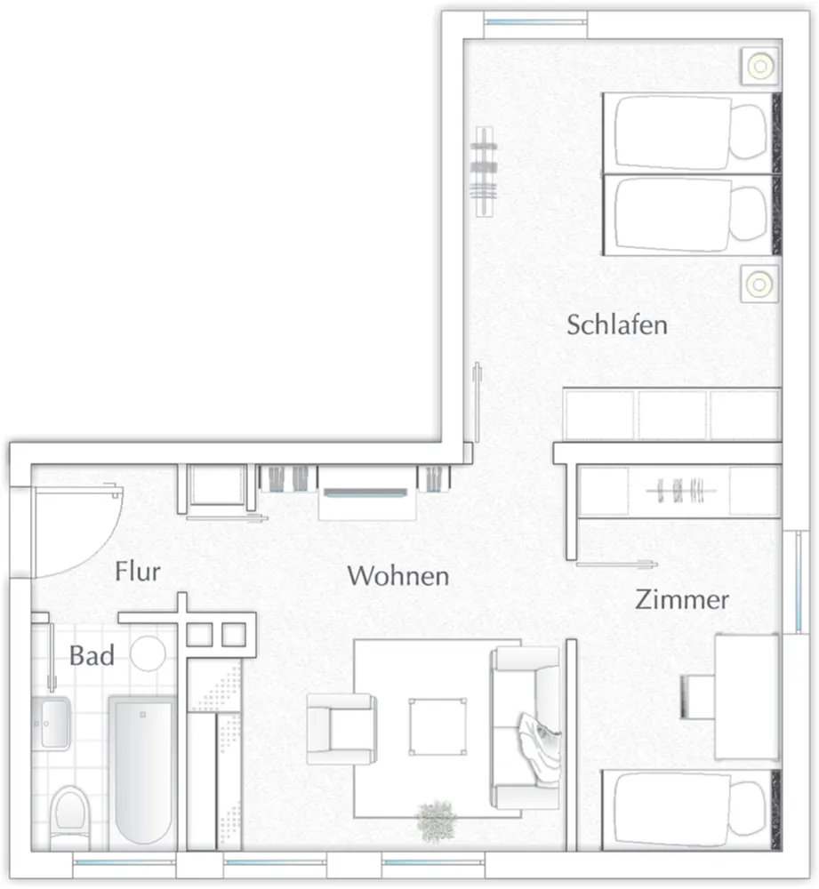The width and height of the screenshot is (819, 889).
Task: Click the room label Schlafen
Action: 617,324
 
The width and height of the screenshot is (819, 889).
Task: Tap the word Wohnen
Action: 398,576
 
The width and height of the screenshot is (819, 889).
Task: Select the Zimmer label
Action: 682,600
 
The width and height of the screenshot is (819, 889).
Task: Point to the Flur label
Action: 138,571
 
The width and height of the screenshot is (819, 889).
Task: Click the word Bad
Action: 92,655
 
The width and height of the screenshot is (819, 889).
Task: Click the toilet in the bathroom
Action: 69,816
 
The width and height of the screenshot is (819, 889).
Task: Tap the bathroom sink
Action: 52,724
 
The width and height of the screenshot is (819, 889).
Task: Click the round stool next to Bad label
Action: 148,653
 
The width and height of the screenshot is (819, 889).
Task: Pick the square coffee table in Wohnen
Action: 438,727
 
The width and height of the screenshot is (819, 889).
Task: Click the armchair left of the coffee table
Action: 341,729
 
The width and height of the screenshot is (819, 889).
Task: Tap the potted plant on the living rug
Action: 436,821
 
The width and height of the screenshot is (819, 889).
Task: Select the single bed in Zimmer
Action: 691,810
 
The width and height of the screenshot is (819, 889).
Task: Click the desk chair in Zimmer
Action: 698,697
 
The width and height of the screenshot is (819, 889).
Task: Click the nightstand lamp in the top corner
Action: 760,67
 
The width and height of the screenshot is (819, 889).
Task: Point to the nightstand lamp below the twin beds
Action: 760,284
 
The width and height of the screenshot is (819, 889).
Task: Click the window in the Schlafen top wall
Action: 536,22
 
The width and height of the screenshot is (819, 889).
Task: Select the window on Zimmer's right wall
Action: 798,582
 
